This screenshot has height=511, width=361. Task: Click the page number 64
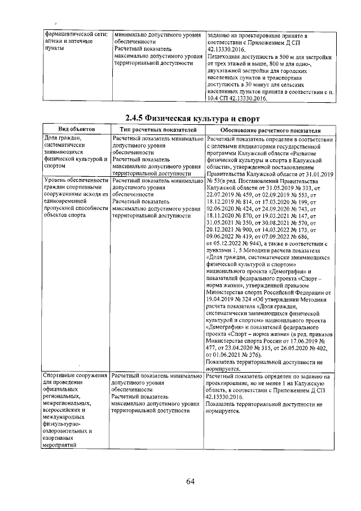click(x=190, y=481)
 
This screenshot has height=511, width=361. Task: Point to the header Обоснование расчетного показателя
click(x=270, y=130)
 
